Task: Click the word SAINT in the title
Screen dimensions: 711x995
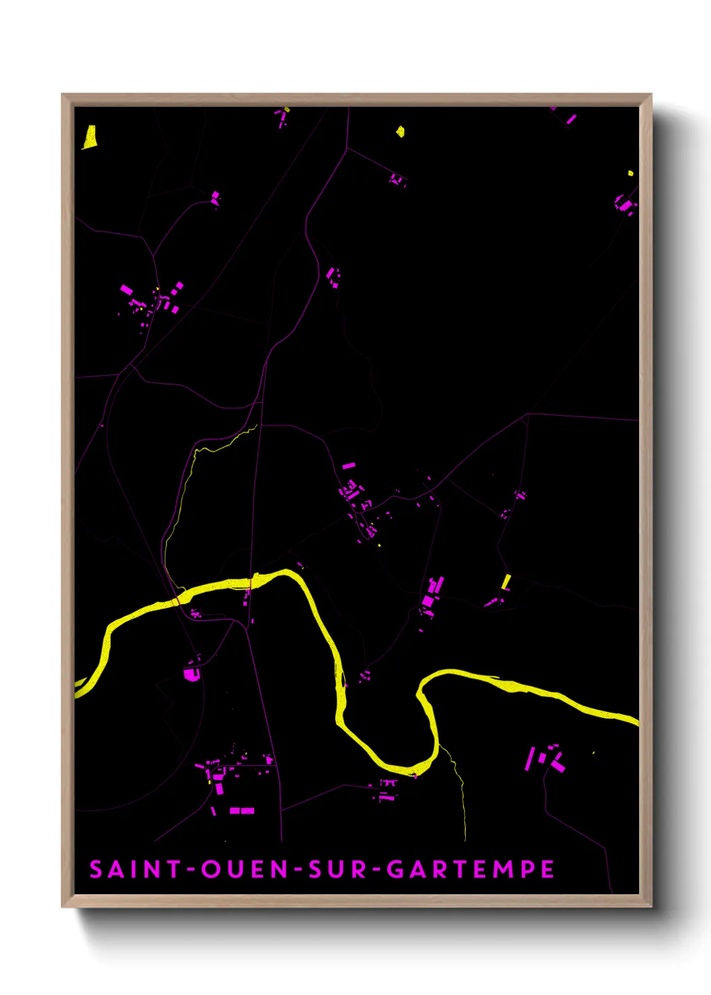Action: click(136, 869)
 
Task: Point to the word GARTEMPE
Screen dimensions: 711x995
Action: click(470, 869)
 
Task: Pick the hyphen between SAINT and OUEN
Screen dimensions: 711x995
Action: click(192, 870)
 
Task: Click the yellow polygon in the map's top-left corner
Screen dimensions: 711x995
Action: click(89, 136)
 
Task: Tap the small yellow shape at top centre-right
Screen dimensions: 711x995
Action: click(400, 131)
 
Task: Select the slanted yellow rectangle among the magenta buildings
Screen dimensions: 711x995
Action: click(506, 582)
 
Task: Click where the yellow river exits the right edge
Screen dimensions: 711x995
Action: click(634, 721)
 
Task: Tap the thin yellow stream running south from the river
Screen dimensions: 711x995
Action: click(461, 793)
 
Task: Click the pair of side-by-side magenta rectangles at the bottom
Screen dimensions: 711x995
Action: click(242, 811)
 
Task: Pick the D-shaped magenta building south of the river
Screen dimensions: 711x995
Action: click(192, 673)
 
